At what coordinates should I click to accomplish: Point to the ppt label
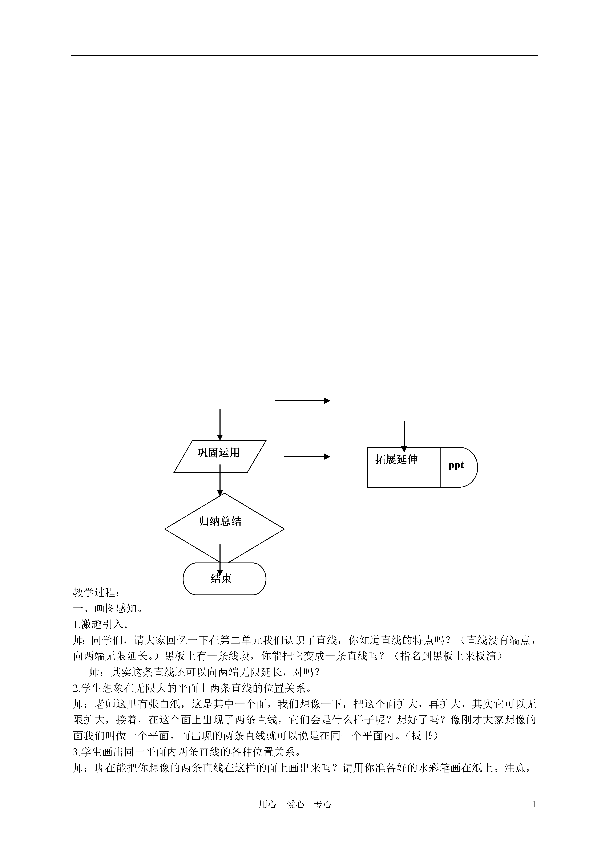tap(456, 465)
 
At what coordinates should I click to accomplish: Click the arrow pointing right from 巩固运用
tap(307, 456)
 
